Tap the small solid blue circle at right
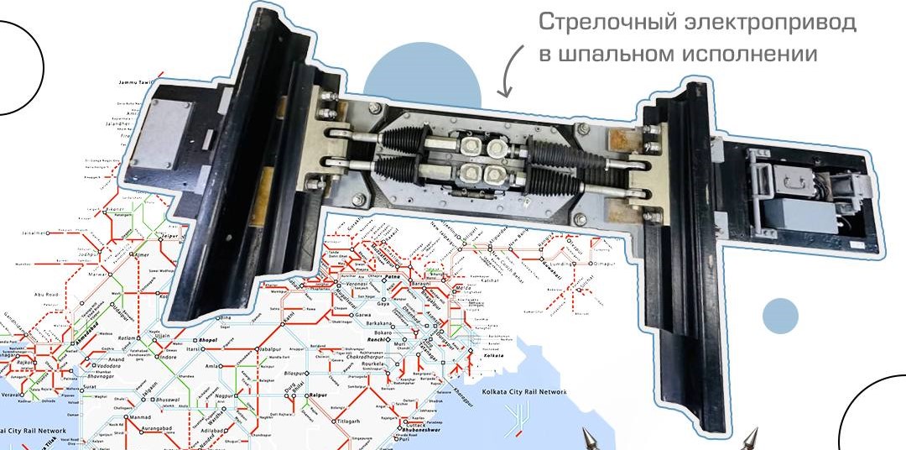click(x=780, y=316)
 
